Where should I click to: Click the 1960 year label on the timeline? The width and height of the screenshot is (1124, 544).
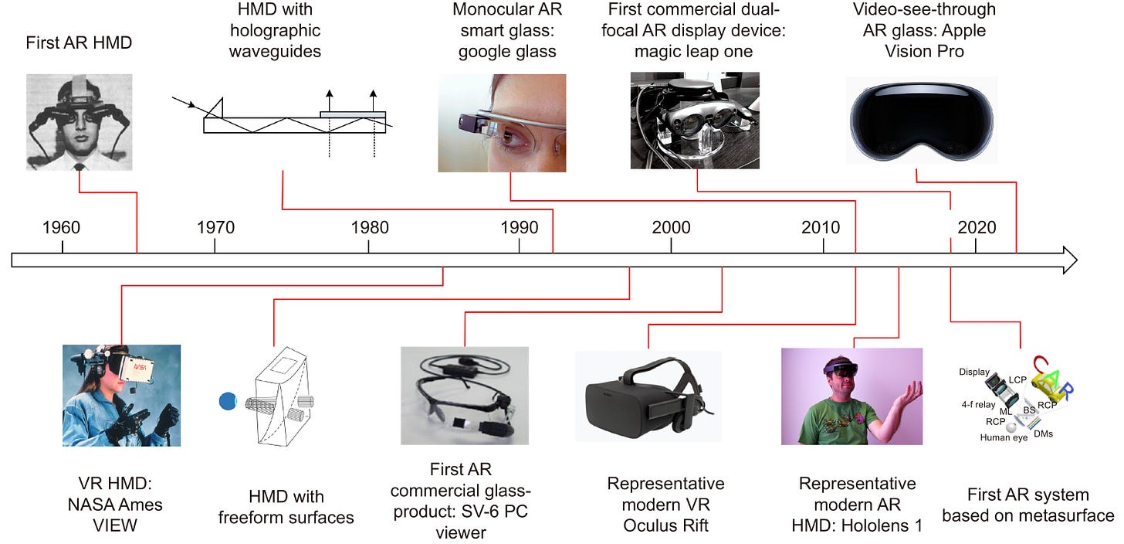pos(62,228)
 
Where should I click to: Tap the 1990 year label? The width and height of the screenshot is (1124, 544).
pos(520,228)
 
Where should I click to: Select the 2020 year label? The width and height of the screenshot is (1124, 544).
pos(977,228)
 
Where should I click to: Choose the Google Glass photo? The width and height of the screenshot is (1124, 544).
pos(502,123)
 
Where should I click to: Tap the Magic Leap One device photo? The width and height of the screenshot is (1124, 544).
pos(695,121)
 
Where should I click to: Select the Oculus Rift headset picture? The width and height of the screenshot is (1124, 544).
pos(648,397)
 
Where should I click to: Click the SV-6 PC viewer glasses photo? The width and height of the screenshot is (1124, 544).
pos(464,395)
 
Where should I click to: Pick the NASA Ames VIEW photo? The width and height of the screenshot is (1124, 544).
pos(121,395)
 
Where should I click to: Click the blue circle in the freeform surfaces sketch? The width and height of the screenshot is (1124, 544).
pos(228,400)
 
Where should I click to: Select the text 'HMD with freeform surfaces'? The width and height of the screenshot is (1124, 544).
pos(286,507)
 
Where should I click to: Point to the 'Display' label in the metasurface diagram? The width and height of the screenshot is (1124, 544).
pos(973,372)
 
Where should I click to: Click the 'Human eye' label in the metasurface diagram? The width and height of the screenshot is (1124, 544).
pos(1004,437)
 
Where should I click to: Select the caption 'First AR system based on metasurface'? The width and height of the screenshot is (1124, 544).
pos(1028,505)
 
